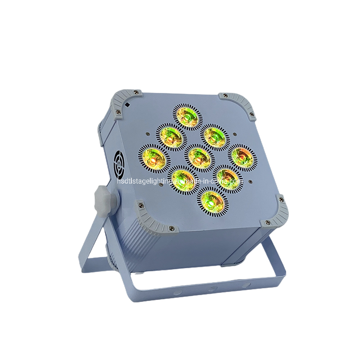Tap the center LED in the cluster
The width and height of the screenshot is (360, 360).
click(x=198, y=156)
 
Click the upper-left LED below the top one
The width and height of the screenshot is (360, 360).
click(x=170, y=135)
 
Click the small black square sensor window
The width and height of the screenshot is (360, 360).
click(x=128, y=103)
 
